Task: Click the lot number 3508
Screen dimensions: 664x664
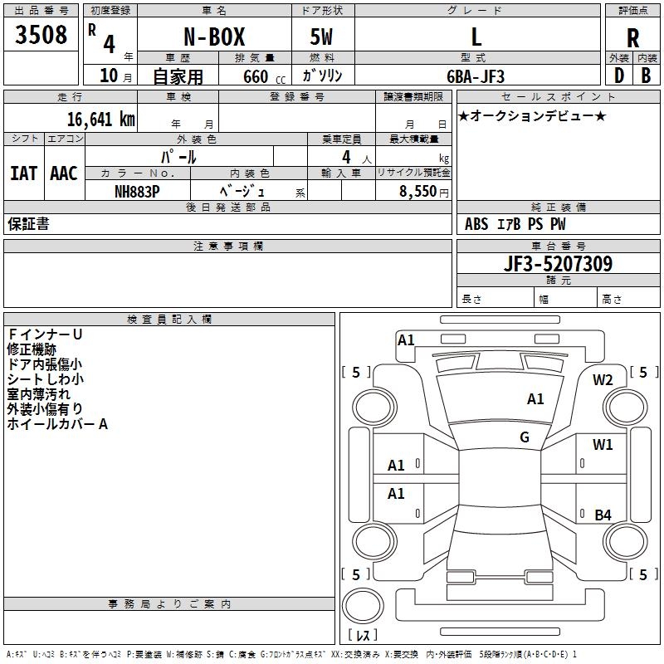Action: coord(41,35)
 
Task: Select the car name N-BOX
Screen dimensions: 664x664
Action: coord(213,37)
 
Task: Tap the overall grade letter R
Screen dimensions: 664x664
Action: coord(632,37)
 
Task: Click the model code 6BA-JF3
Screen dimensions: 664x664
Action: coord(476,76)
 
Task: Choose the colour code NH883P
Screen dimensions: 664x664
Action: coord(137,190)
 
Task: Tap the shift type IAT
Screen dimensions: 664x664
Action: coord(23,173)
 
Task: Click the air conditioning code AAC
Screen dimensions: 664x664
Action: coord(64,173)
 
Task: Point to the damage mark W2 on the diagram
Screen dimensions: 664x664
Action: coord(603,380)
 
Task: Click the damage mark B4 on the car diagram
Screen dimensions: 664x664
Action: coord(603,515)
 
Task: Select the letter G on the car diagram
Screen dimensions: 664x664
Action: coord(525,437)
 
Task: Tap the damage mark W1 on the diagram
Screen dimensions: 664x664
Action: coord(603,445)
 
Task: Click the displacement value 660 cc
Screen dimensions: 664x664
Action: coord(250,76)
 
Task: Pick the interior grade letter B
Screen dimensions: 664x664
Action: coord(646,76)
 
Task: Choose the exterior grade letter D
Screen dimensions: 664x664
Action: coord(618,76)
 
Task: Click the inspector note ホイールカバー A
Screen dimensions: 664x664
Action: coord(58,424)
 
